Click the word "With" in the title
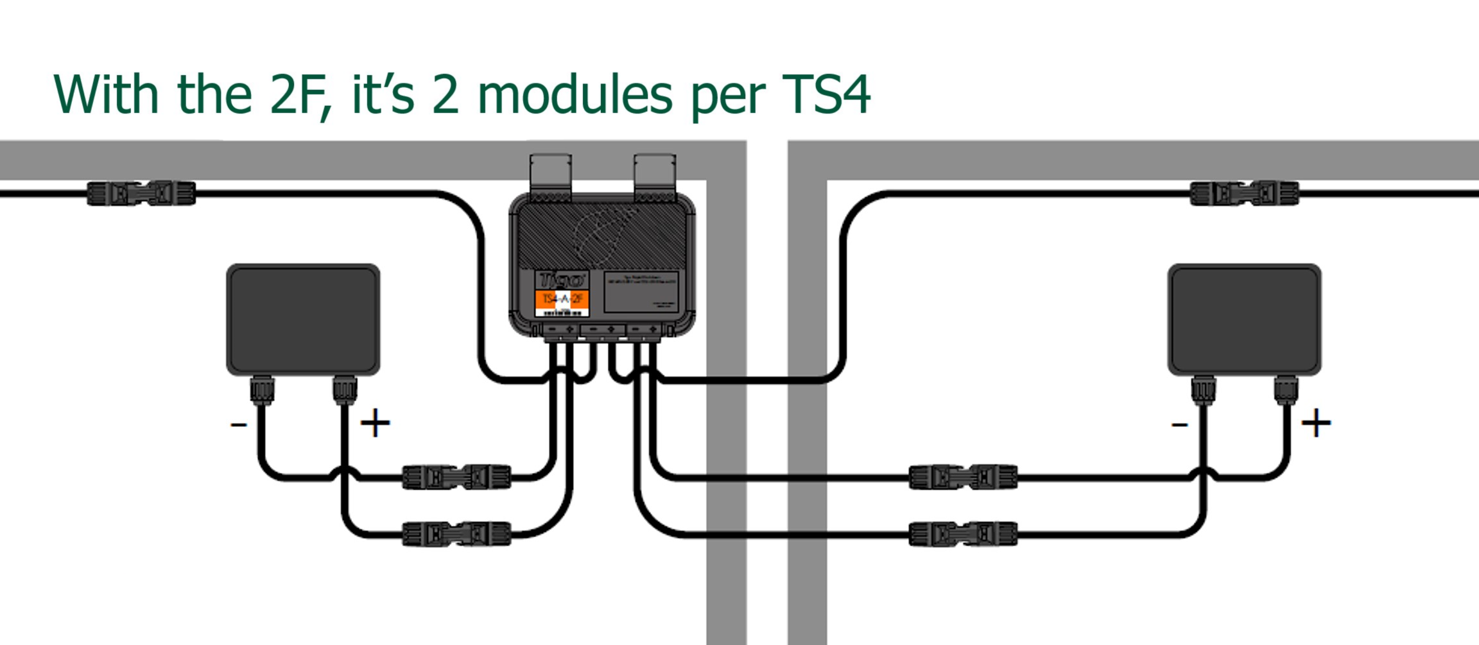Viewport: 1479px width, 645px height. (x=106, y=94)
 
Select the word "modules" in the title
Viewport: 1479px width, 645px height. (x=575, y=94)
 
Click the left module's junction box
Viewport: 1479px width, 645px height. (x=303, y=319)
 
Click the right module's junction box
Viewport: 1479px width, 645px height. (x=1244, y=319)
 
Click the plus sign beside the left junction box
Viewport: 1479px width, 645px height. (x=376, y=423)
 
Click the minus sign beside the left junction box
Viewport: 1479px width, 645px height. (x=239, y=424)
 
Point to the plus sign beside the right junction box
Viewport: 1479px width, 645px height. (x=1316, y=423)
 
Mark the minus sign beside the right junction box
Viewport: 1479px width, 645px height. (x=1180, y=424)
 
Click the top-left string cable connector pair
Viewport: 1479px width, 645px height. (x=141, y=193)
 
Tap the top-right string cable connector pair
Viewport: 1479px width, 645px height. (x=1244, y=193)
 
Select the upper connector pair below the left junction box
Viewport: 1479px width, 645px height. (x=456, y=477)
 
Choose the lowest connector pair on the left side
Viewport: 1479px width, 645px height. (x=456, y=534)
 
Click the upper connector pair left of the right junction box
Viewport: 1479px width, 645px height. (x=963, y=477)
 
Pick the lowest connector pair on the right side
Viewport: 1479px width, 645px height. (x=963, y=534)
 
